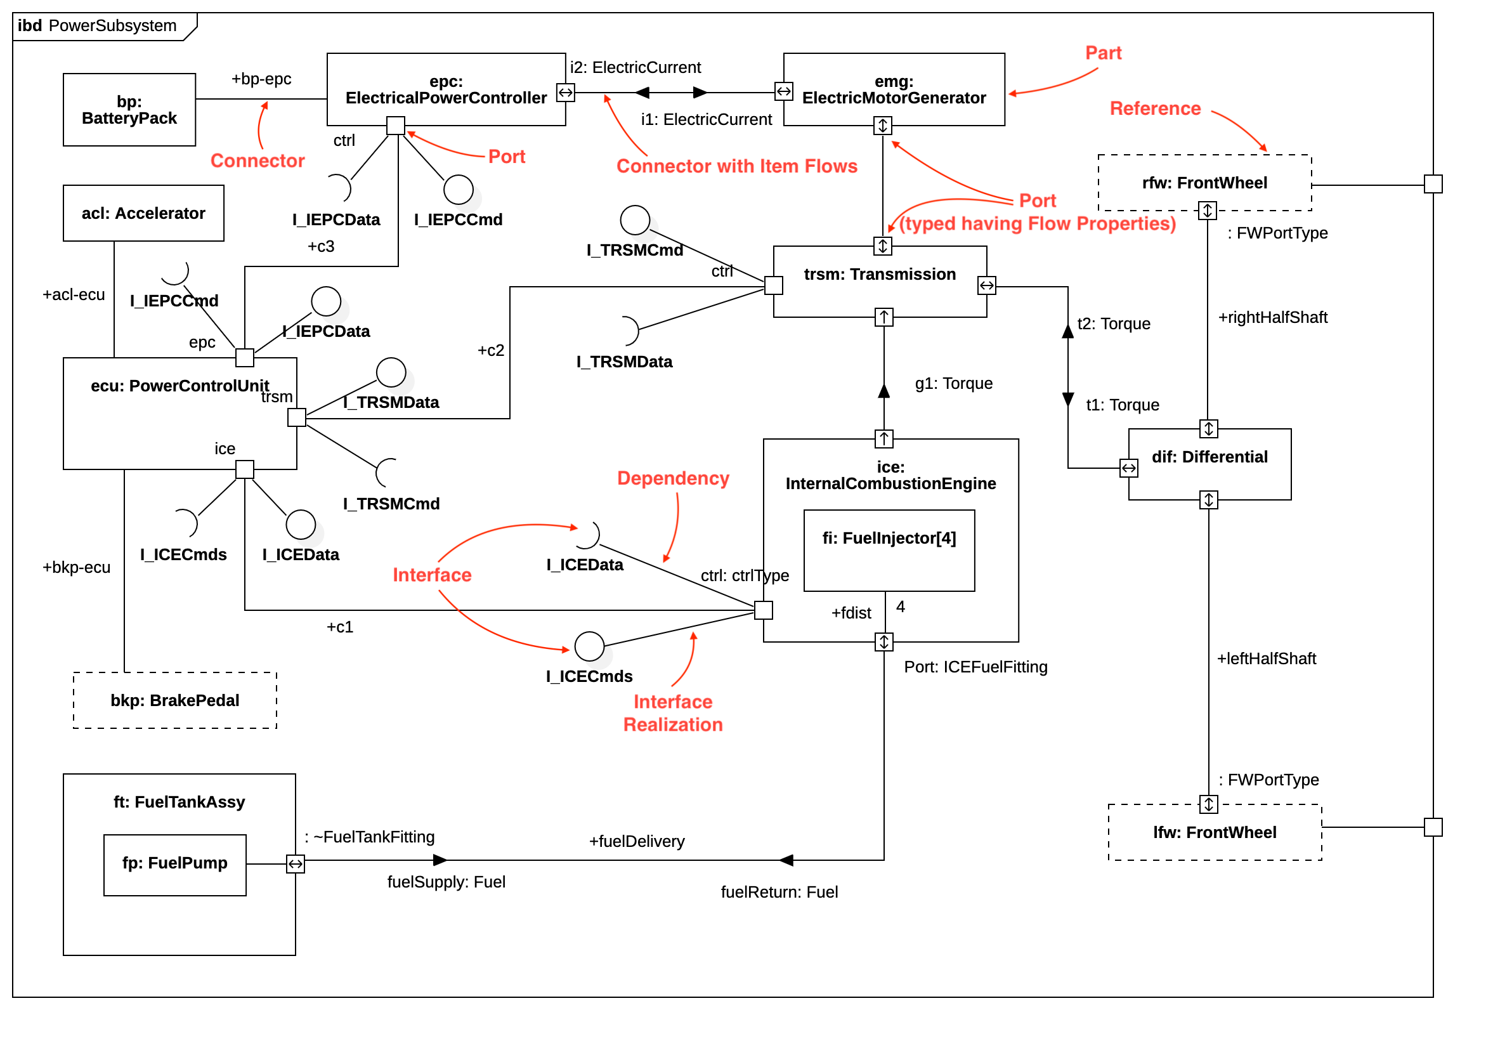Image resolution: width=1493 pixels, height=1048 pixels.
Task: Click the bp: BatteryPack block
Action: tap(129, 110)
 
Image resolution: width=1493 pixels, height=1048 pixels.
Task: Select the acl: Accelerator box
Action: tap(143, 213)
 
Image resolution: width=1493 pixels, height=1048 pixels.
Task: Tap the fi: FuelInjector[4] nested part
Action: tap(889, 551)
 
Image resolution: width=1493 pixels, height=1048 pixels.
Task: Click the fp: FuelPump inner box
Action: tap(175, 865)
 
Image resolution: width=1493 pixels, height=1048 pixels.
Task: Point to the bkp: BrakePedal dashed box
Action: tap(175, 700)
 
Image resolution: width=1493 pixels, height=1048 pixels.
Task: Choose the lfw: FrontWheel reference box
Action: tap(1215, 833)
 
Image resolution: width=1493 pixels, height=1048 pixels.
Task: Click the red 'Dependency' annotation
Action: tap(673, 479)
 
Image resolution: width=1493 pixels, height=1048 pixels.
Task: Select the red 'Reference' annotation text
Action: tap(1155, 108)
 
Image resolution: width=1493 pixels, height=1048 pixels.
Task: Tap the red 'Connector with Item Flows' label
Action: tap(737, 167)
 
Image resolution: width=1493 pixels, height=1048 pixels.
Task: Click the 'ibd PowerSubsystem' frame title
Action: tap(98, 26)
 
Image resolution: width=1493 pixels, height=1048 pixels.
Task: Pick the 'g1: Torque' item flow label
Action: tap(953, 384)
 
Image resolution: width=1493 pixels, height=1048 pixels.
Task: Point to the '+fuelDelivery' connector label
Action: tap(637, 842)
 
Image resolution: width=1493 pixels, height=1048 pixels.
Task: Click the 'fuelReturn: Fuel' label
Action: tap(779, 893)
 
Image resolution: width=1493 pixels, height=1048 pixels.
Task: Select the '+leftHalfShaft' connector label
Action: tap(1266, 659)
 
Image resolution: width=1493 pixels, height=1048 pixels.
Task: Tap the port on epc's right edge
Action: tap(566, 93)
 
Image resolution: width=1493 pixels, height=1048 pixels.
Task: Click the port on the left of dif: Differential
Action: tap(1129, 468)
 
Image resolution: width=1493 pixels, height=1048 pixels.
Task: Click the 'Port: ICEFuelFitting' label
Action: tap(975, 667)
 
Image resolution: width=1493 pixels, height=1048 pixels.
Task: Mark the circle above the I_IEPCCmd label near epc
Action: tap(459, 190)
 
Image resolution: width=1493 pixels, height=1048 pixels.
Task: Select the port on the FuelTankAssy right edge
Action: tap(296, 865)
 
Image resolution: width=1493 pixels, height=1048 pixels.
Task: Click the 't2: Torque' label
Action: tap(1113, 324)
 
